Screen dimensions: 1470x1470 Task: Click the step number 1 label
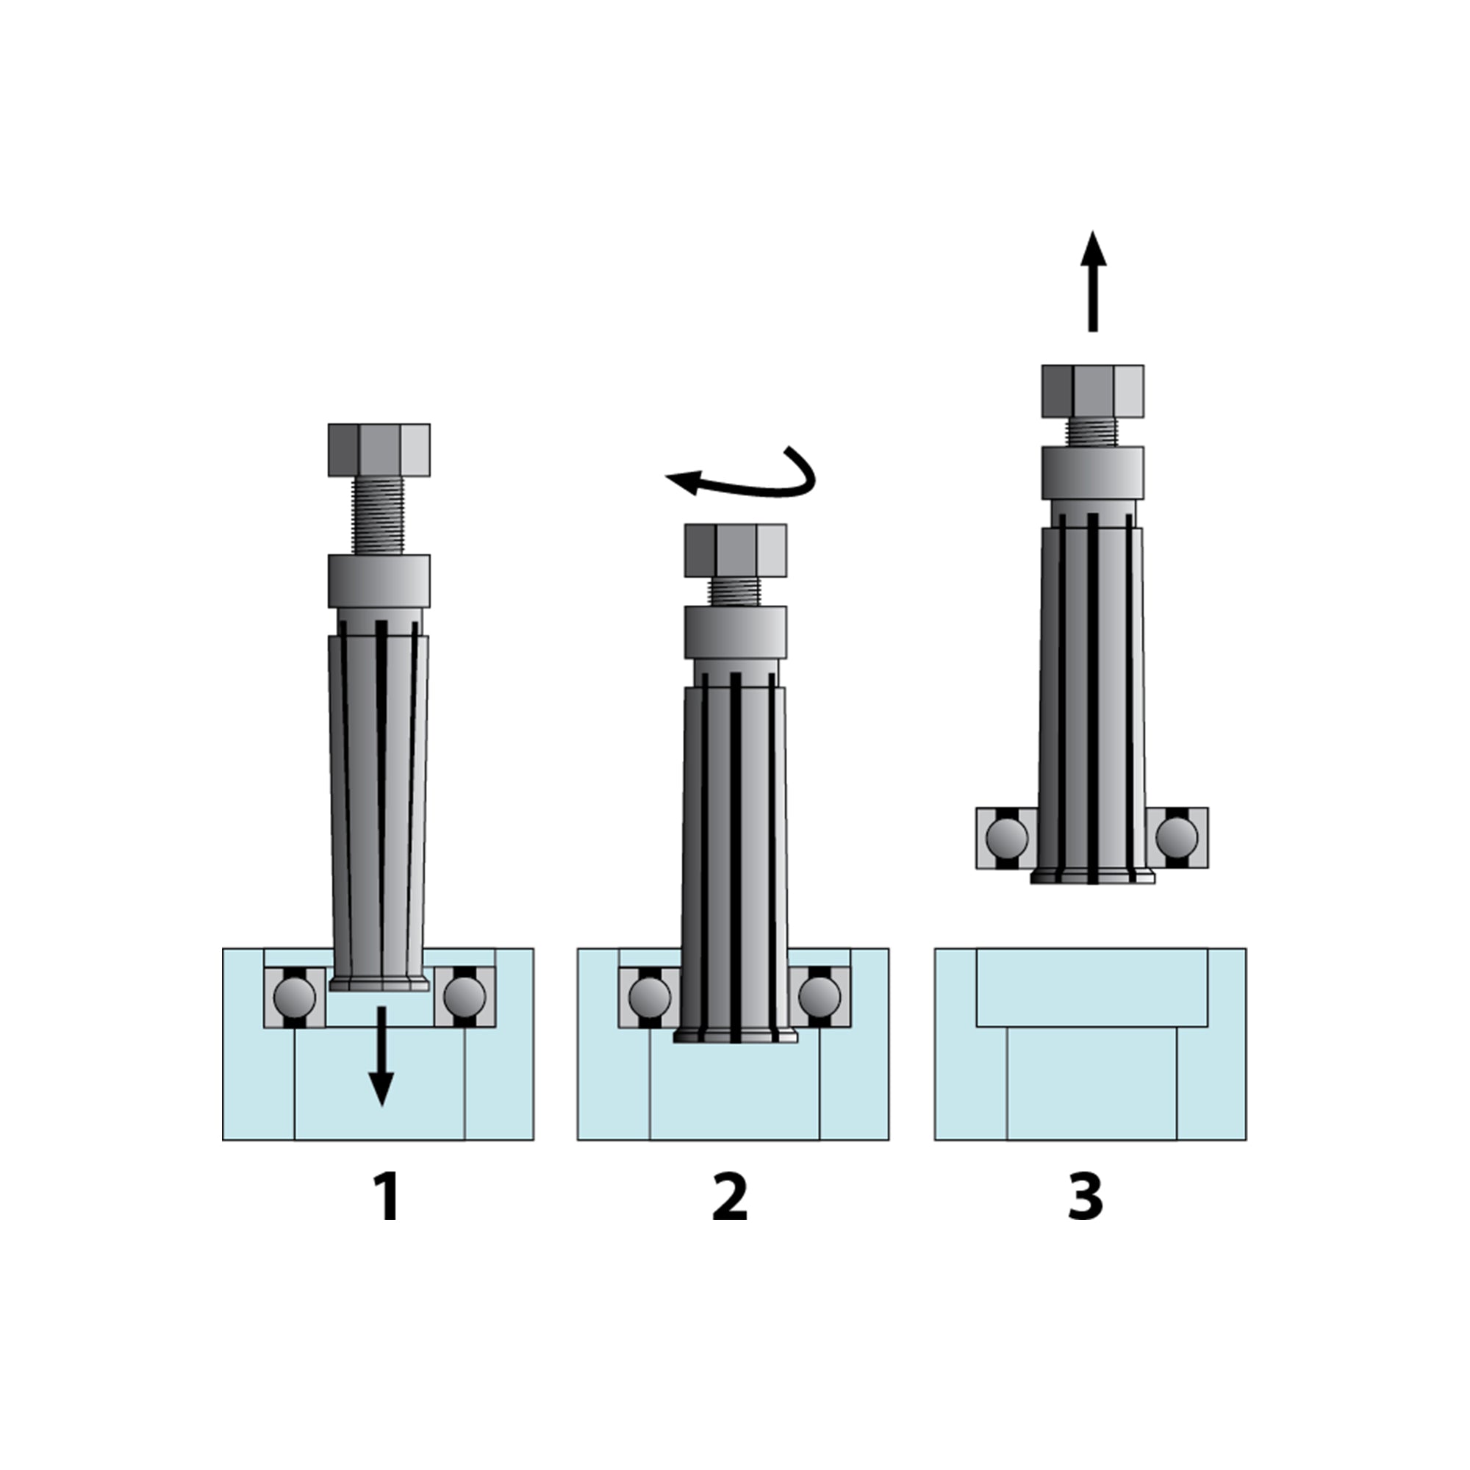(x=388, y=1197)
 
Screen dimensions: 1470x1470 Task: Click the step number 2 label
(x=730, y=1197)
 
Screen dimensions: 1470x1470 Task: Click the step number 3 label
(x=1085, y=1197)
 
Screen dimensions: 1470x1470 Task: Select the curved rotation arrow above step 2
(x=750, y=481)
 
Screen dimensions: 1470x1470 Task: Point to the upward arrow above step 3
(x=1093, y=282)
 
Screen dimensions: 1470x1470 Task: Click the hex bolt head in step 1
(x=379, y=450)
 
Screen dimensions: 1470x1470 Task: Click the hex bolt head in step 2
(x=735, y=550)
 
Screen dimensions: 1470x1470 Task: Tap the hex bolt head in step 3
(x=1092, y=391)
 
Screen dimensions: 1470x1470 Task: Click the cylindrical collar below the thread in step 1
(x=379, y=581)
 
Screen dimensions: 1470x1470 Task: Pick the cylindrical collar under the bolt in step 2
(x=735, y=631)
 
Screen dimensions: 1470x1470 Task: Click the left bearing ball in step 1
(x=295, y=996)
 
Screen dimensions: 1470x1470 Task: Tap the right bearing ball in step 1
(x=464, y=996)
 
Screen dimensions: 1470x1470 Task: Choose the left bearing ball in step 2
(x=650, y=996)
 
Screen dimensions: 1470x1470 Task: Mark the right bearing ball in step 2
(x=820, y=996)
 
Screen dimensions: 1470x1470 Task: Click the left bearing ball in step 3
(x=1007, y=838)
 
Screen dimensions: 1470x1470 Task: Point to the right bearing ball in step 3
(x=1176, y=838)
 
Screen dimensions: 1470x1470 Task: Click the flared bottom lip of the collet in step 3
(x=1092, y=878)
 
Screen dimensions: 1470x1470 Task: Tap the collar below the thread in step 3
(x=1092, y=473)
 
